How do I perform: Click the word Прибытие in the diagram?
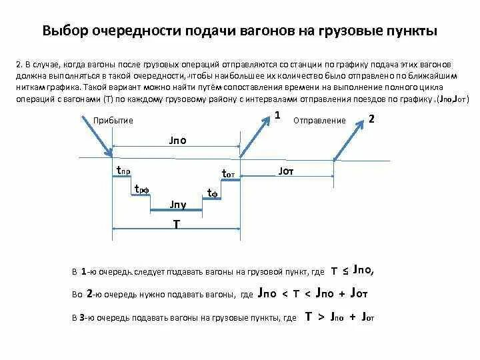click(x=113, y=120)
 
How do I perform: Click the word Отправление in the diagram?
click(x=319, y=121)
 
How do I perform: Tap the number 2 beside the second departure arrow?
click(x=371, y=119)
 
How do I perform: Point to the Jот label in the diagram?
click(x=285, y=171)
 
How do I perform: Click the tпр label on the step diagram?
click(x=123, y=171)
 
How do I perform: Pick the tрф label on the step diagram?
click(x=141, y=189)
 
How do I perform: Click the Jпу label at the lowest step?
click(x=178, y=203)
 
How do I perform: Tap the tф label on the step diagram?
click(x=213, y=193)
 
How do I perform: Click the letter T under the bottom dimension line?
click(x=176, y=225)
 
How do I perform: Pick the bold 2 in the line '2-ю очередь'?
click(x=89, y=293)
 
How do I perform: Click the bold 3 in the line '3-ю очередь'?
click(x=81, y=317)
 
